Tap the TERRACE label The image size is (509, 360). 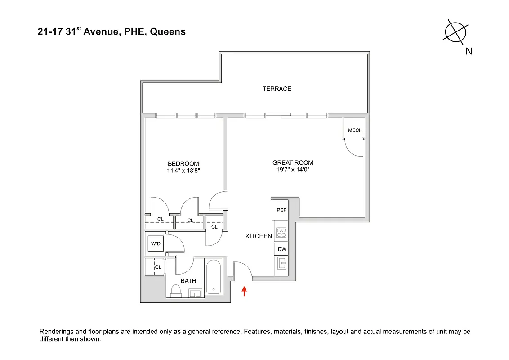[277, 89]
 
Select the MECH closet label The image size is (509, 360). [355, 130]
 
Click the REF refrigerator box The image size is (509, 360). [281, 210]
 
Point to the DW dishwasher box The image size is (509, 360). [281, 249]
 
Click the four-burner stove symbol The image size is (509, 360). [281, 233]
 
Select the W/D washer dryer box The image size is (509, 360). [156, 244]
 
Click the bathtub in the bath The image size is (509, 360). [213, 277]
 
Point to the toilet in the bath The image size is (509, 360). [175, 292]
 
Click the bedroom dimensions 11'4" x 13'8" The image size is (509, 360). [183, 171]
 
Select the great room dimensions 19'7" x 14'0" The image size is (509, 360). [293, 170]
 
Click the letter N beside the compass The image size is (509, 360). [469, 51]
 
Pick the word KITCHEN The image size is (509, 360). [259, 236]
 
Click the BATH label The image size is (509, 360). [188, 281]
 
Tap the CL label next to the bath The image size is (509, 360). [158, 267]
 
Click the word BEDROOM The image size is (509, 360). [183, 164]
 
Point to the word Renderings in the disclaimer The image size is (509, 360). [57, 332]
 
